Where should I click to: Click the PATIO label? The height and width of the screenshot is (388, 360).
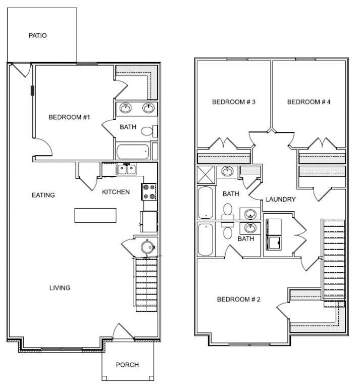point(37,36)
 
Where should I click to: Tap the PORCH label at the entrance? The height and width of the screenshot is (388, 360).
point(127,365)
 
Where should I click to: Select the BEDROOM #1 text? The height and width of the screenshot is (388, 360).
point(69,117)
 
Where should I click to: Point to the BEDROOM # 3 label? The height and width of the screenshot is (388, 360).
point(233,102)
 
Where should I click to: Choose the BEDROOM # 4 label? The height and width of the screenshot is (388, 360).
point(309,102)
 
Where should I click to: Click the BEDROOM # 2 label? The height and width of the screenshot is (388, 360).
point(238,300)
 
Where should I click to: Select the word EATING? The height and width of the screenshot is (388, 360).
point(43,195)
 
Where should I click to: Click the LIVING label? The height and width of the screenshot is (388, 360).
point(60,288)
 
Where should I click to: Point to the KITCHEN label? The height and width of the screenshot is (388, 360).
point(116,192)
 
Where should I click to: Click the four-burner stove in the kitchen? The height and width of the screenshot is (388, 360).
point(149,191)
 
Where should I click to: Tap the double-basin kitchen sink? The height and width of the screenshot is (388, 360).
point(126,169)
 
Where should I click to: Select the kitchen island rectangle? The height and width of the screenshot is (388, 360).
point(95,215)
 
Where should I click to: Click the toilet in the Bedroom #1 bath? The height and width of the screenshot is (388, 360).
point(147,132)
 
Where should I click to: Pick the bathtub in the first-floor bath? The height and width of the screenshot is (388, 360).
point(133,152)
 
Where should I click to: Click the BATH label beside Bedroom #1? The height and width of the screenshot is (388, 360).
point(127,127)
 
